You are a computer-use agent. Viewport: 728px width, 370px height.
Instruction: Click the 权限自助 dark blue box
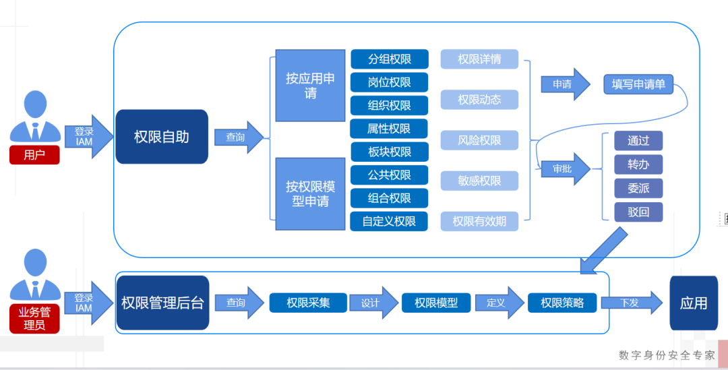pyautogui.click(x=162, y=137)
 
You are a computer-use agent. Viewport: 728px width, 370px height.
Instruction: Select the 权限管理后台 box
pyautogui.click(x=162, y=303)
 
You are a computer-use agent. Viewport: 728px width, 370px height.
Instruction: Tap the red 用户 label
pyautogui.click(x=34, y=155)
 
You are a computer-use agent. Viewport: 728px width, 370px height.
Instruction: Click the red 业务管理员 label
pyautogui.click(x=34, y=318)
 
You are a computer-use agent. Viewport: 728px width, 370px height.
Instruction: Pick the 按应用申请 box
pyautogui.click(x=310, y=86)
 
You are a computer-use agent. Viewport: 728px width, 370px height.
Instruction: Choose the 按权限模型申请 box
pyautogui.click(x=310, y=194)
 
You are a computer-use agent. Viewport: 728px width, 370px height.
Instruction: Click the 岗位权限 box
pyautogui.click(x=390, y=82)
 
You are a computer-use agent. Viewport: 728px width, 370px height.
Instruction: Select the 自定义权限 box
pyautogui.click(x=390, y=221)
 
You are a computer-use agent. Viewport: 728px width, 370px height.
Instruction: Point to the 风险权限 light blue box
pyautogui.click(x=479, y=140)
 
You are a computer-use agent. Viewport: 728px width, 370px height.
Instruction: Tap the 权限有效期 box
pyautogui.click(x=479, y=221)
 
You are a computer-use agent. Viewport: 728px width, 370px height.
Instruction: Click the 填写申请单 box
pyautogui.click(x=638, y=85)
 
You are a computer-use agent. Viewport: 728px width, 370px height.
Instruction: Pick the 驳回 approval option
pyautogui.click(x=638, y=212)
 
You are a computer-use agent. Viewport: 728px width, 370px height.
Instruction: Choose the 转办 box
pyautogui.click(x=638, y=164)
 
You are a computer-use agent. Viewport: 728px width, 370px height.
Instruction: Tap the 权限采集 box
pyautogui.click(x=308, y=303)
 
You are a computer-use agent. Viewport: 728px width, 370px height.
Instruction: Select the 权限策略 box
pyautogui.click(x=562, y=303)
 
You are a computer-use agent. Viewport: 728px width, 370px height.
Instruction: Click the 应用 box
pyautogui.click(x=694, y=303)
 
